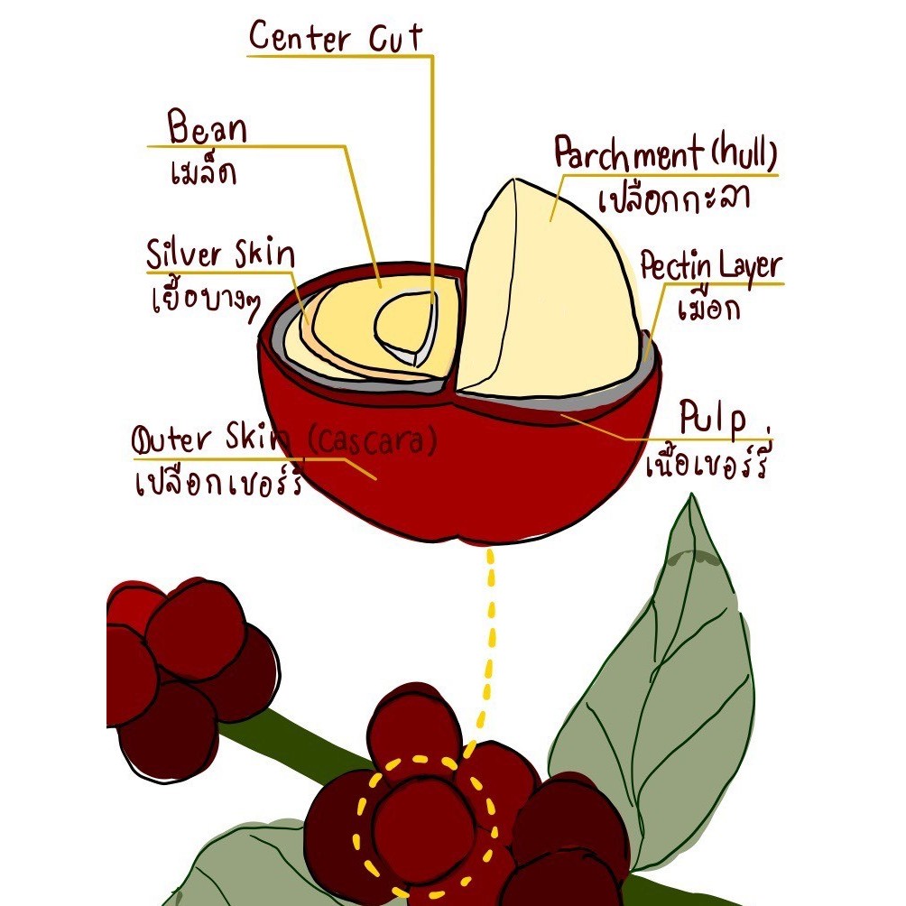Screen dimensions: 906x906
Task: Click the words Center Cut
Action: pos(336,38)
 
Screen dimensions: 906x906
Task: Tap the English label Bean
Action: pos(208,129)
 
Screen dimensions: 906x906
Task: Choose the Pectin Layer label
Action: pos(710,266)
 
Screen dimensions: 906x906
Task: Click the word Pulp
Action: pos(713,421)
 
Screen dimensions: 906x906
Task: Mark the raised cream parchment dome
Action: pos(541,289)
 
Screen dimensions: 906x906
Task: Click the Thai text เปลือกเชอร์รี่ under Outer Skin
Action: pos(217,483)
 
